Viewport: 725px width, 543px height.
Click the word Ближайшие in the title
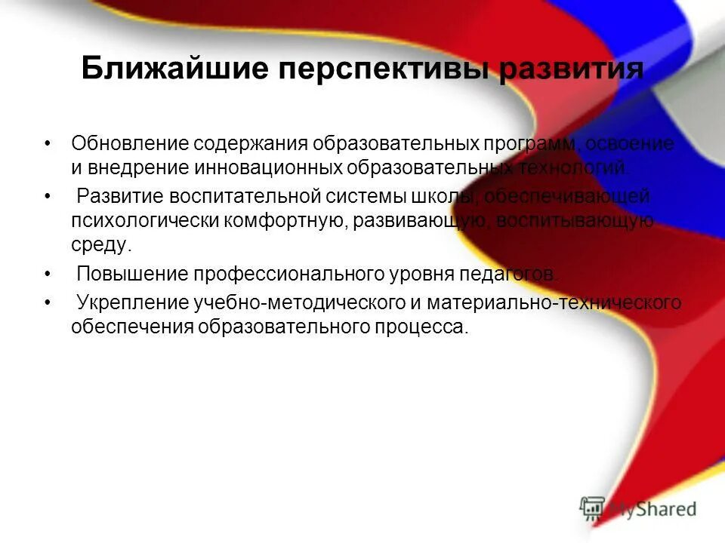click(174, 69)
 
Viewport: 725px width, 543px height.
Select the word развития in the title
click(572, 69)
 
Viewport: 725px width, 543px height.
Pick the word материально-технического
click(554, 303)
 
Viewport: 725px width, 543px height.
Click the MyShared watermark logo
click(638, 508)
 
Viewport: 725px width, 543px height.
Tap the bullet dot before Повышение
click(48, 274)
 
